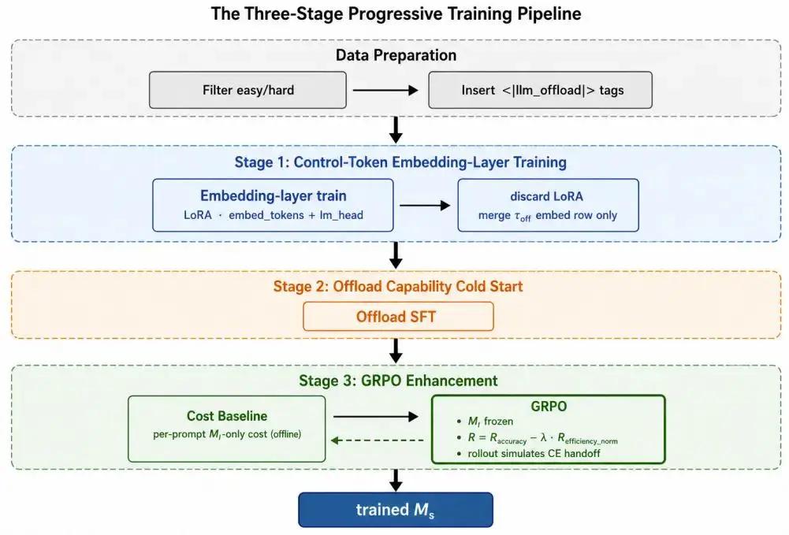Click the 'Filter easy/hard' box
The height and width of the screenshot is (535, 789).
pyautogui.click(x=247, y=90)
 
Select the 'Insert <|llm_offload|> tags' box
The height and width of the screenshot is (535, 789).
pyautogui.click(x=540, y=90)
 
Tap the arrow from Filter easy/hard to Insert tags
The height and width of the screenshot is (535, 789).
pyautogui.click(x=385, y=90)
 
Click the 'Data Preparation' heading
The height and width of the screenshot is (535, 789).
pyautogui.click(x=396, y=55)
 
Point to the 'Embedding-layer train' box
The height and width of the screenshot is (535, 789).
pyautogui.click(x=273, y=205)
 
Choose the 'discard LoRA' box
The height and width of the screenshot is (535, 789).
pyautogui.click(x=548, y=205)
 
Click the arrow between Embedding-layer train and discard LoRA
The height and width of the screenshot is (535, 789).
pyautogui.click(x=425, y=205)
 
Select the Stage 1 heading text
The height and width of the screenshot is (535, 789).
pyautogui.click(x=400, y=162)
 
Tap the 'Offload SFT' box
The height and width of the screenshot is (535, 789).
pyautogui.click(x=398, y=316)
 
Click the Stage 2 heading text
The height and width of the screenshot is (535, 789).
pyautogui.click(x=398, y=286)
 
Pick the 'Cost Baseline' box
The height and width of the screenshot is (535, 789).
pyautogui.click(x=227, y=429)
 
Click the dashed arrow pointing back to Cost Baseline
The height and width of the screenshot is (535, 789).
pyautogui.click(x=377, y=440)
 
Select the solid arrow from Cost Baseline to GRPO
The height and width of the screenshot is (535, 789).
pyautogui.click(x=375, y=416)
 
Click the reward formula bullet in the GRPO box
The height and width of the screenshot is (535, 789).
pyautogui.click(x=537, y=438)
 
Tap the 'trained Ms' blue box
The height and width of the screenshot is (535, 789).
pyautogui.click(x=396, y=510)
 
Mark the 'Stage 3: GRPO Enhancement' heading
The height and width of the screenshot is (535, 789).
pyautogui.click(x=398, y=381)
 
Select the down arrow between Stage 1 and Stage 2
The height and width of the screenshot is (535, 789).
pyautogui.click(x=396, y=255)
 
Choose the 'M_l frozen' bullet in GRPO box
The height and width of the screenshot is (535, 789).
pyautogui.click(x=485, y=422)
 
